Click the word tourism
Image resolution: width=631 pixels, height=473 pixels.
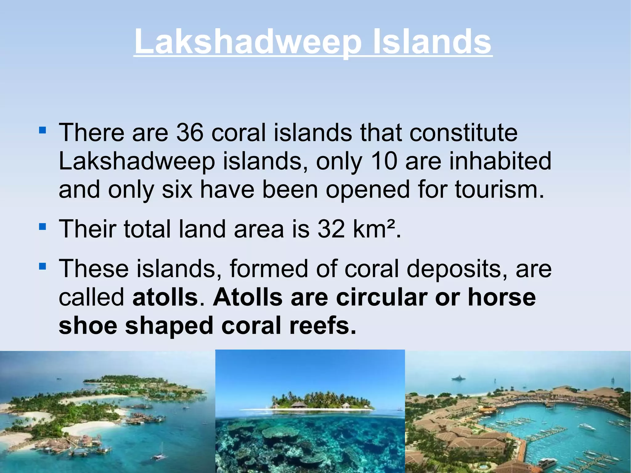pos(499,190)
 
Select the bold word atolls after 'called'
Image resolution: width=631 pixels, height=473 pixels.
pos(165,297)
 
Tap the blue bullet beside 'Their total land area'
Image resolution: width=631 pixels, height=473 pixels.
pos(43,227)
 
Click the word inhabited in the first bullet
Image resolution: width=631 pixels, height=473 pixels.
pos(500,161)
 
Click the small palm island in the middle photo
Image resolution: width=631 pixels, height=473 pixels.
pos(322,401)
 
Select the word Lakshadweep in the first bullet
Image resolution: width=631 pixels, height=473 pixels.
pos(137,161)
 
